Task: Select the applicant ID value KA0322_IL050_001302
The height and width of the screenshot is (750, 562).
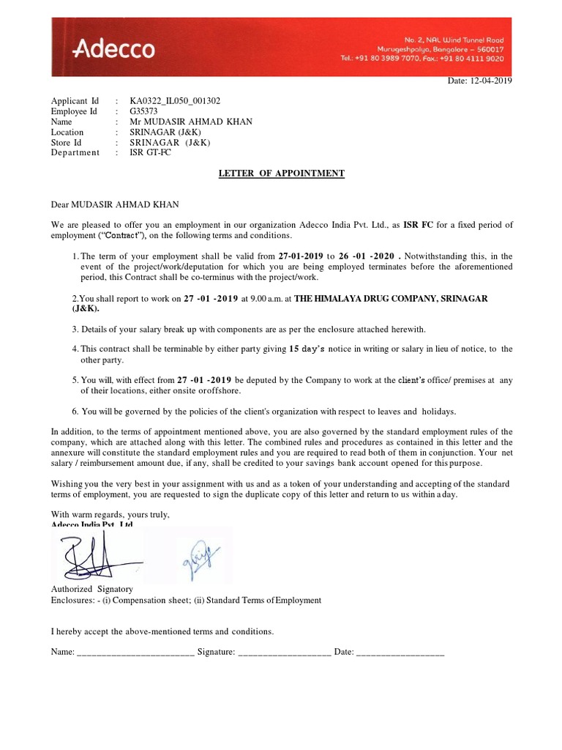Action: point(175,101)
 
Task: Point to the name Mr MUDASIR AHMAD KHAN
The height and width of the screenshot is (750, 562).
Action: point(184,122)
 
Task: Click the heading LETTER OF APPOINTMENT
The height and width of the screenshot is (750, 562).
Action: point(282,174)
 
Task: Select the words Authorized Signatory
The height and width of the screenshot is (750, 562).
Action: point(91,589)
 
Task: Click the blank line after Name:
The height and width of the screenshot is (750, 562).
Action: point(135,651)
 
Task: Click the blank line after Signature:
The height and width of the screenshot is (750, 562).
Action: point(285,651)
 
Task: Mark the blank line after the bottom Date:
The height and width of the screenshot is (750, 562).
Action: point(400,651)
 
